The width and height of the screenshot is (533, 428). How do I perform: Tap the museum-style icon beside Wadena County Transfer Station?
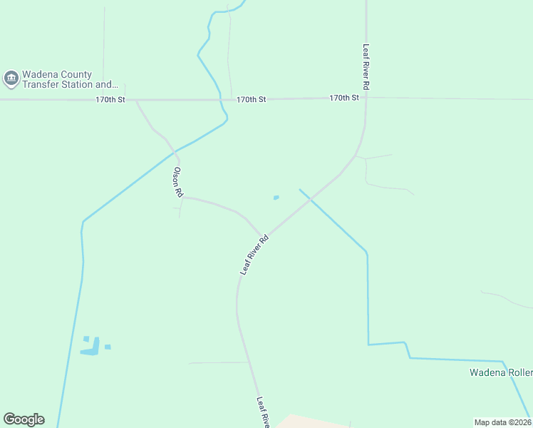11,78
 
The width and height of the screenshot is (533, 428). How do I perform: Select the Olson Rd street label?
177,183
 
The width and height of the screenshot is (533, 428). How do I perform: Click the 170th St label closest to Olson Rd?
110,100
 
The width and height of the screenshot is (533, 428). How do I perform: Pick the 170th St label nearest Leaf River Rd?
344,98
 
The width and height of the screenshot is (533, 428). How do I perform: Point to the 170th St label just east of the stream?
251,100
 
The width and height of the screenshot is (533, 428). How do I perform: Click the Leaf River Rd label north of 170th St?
366,67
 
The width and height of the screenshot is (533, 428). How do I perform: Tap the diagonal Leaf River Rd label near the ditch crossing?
254,255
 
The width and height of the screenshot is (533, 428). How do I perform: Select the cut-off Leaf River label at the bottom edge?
262,412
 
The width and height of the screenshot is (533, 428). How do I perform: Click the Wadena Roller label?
500,373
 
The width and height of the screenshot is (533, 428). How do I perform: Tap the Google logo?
24,419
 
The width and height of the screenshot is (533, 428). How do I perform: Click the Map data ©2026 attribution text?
502,422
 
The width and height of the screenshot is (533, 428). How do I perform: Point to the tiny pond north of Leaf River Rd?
276,198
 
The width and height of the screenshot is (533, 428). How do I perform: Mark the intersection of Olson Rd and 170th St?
136,100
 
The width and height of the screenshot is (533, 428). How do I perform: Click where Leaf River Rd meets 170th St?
366,98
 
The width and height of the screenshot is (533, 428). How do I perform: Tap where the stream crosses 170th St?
221,100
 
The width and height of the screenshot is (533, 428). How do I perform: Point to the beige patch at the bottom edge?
306,422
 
